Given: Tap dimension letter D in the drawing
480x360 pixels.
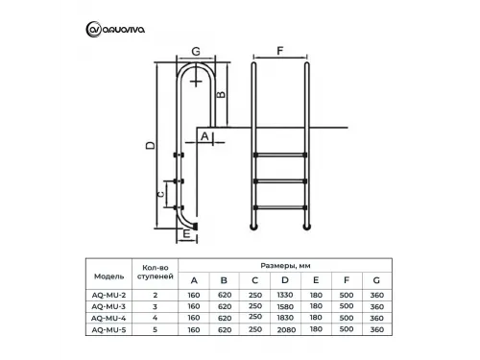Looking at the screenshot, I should (151, 145).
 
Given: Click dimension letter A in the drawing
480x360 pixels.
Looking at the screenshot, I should (204, 136).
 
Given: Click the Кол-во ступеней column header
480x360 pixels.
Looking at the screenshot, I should (156, 273).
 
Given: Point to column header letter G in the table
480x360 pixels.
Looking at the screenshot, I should (376, 280).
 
